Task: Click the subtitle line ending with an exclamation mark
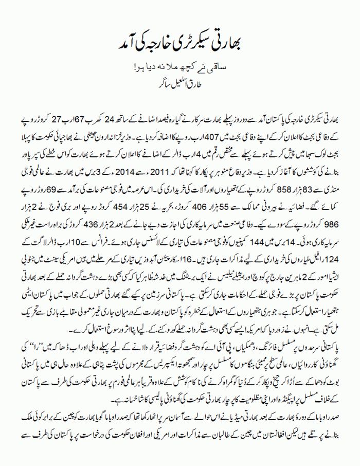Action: click(180, 67)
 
